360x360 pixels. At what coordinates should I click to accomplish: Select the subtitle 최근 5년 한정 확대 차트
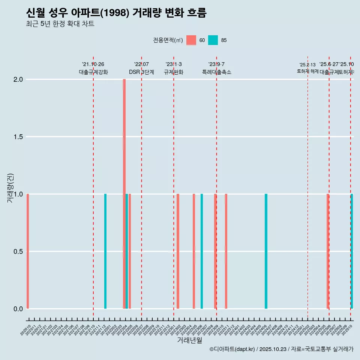[x=60, y=24]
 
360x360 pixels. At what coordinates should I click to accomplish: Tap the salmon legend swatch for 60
[x=191, y=40]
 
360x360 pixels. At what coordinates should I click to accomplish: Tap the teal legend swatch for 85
[x=213, y=40]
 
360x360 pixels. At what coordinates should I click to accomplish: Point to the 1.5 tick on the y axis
[x=18, y=137]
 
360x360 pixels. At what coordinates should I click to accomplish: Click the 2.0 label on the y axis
[x=18, y=79]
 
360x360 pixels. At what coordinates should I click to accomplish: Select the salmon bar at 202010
[x=28, y=251]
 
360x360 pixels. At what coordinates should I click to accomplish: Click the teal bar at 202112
[x=105, y=251]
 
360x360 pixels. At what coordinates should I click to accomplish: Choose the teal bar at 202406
[x=266, y=251]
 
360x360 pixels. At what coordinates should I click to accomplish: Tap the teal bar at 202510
[x=352, y=251]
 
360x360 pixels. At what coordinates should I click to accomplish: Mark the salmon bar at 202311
[x=226, y=251]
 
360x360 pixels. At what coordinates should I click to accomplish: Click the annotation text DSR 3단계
[x=141, y=72]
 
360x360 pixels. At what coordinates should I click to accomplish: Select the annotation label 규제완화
[x=174, y=72]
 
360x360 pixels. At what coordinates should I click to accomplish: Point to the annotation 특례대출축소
[x=216, y=72]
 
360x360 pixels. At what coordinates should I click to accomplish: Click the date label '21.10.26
[x=93, y=64]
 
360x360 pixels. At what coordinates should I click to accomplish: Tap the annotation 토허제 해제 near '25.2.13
[x=307, y=71]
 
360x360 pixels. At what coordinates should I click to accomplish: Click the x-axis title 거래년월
[x=189, y=340]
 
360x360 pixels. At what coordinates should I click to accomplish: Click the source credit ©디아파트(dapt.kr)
[x=232, y=349]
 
